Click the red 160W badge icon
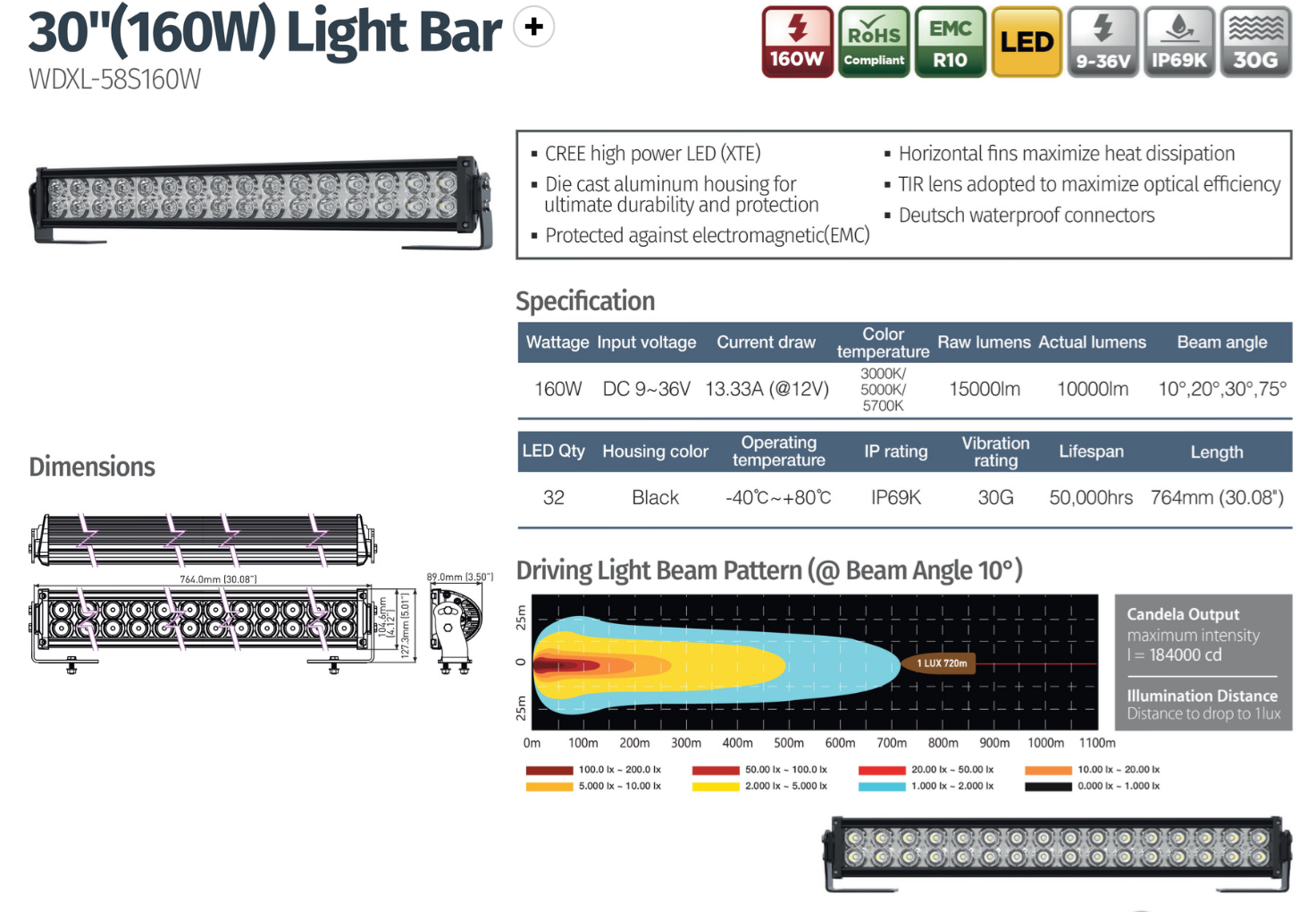(797, 42)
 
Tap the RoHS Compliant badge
(874, 42)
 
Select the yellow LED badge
(1027, 42)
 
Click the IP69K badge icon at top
(1178, 42)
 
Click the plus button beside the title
(534, 27)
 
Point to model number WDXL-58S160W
(114, 80)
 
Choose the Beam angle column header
(1221, 342)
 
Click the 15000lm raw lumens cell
(984, 390)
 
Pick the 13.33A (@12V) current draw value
(767, 390)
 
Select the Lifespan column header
(1091, 452)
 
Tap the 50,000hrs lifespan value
(1091, 498)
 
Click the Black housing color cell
(655, 498)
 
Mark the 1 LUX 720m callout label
(941, 663)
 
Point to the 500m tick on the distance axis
(789, 743)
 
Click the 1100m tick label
(1097, 743)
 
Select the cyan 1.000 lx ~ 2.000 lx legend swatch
(882, 787)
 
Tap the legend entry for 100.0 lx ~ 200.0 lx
(619, 770)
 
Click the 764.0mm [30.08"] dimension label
(218, 579)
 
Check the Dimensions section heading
(92, 467)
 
